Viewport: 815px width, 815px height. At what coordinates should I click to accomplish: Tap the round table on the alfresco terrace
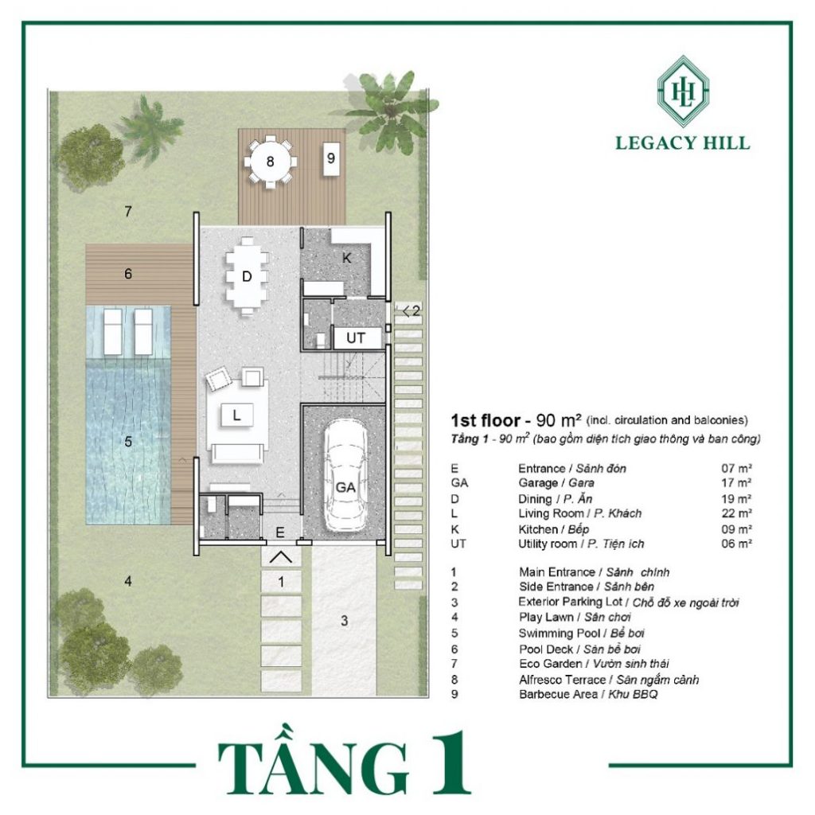click(270, 161)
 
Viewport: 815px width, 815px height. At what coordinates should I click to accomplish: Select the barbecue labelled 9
click(330, 158)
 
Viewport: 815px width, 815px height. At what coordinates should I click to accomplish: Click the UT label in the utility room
click(356, 337)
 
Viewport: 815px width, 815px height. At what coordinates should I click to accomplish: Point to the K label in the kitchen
click(347, 258)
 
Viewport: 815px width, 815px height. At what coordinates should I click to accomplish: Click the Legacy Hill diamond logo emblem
click(683, 91)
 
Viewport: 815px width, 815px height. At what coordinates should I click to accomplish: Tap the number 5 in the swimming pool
click(128, 442)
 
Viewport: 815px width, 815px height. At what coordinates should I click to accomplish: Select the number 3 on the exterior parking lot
click(344, 620)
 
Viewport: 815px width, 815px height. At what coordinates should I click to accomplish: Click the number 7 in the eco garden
click(128, 212)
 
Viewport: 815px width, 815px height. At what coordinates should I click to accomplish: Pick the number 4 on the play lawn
click(128, 581)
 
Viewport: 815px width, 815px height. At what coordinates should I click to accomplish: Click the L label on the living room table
click(237, 415)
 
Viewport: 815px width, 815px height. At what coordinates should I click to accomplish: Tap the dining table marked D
click(247, 276)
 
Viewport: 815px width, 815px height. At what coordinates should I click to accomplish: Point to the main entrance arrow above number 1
click(281, 557)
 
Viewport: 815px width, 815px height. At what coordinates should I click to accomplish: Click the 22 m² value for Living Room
click(736, 513)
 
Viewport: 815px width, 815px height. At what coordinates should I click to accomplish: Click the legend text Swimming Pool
click(558, 633)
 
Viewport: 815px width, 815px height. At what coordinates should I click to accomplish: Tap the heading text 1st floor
click(485, 420)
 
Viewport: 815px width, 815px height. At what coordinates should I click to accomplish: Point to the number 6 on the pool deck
click(128, 274)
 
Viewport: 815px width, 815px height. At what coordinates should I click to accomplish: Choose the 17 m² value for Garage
click(736, 483)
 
